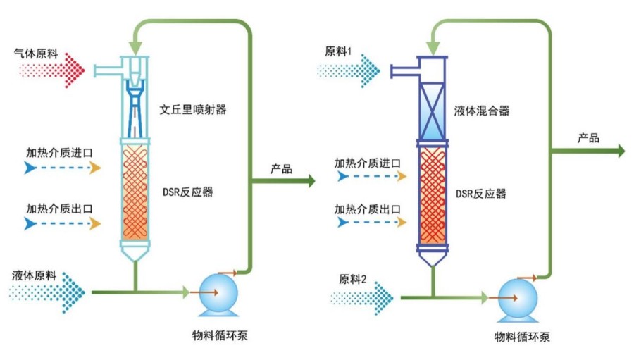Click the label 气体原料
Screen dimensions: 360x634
(41, 54)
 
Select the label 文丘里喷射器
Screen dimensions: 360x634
(192, 110)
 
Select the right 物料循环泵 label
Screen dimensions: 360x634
(521, 336)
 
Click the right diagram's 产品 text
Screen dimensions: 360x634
(588, 138)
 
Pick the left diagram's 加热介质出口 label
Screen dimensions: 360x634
(60, 209)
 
